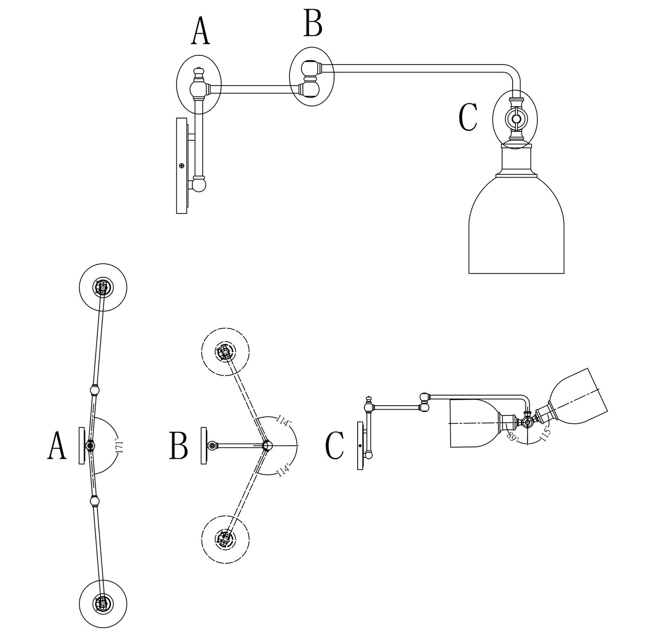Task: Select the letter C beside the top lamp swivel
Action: click(x=468, y=117)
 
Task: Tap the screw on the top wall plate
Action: click(x=181, y=165)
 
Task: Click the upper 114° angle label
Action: click(x=284, y=421)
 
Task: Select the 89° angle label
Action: click(x=513, y=436)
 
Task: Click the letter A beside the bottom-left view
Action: click(x=57, y=446)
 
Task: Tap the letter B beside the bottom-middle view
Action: click(x=178, y=446)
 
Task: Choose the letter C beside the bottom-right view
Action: click(x=335, y=446)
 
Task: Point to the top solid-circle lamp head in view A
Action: click(x=103, y=288)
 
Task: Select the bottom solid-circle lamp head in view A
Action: click(x=103, y=603)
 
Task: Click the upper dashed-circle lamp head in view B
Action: click(x=225, y=352)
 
